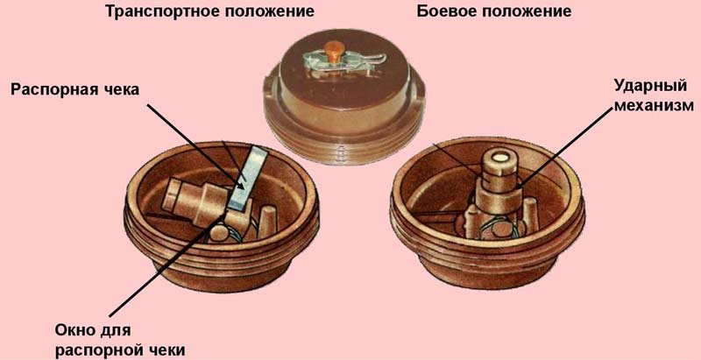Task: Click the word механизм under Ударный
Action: tap(652, 106)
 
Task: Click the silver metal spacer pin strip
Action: tap(246, 180)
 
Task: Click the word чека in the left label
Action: tap(121, 89)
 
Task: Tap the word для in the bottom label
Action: tap(116, 332)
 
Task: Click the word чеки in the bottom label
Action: tap(166, 349)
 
